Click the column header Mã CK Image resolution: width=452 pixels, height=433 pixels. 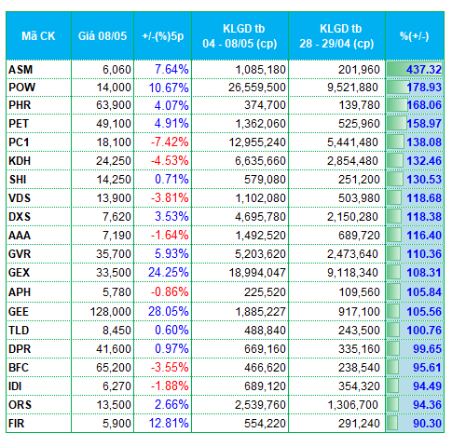pyautogui.click(x=38, y=36)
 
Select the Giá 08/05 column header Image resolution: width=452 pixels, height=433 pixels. pyautogui.click(x=103, y=36)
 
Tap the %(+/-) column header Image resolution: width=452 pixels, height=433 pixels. pyautogui.click(x=415, y=36)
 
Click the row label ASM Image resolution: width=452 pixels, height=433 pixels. pyautogui.click(x=21, y=70)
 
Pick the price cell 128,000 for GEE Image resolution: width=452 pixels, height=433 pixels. pyautogui.click(x=111, y=312)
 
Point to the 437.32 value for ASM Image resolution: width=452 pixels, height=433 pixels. pyautogui.click(x=424, y=70)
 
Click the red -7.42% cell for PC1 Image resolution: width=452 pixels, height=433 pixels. pyautogui.click(x=170, y=142)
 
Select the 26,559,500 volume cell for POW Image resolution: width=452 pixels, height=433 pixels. pyautogui.click(x=257, y=88)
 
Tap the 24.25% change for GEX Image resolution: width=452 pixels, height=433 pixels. pyautogui.click(x=169, y=273)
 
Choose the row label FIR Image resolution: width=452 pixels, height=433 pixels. pyautogui.click(x=16, y=424)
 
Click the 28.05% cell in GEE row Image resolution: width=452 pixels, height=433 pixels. pyautogui.click(x=169, y=312)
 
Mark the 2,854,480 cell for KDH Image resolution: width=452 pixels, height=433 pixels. pyautogui.click(x=352, y=161)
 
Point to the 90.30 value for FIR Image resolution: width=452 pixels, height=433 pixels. pyautogui.click(x=427, y=424)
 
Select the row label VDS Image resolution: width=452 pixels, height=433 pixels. pyautogui.click(x=20, y=198)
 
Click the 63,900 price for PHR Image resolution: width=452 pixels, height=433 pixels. pyautogui.click(x=114, y=105)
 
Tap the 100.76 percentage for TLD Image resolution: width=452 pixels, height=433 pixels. pyautogui.click(x=424, y=331)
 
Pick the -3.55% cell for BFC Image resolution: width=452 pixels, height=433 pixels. pyautogui.click(x=170, y=368)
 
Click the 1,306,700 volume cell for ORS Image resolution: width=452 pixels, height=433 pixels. pyautogui.click(x=352, y=405)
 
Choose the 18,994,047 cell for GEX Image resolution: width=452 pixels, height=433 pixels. pyautogui.click(x=257, y=273)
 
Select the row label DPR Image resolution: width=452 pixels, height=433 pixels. pyautogui.click(x=20, y=349)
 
